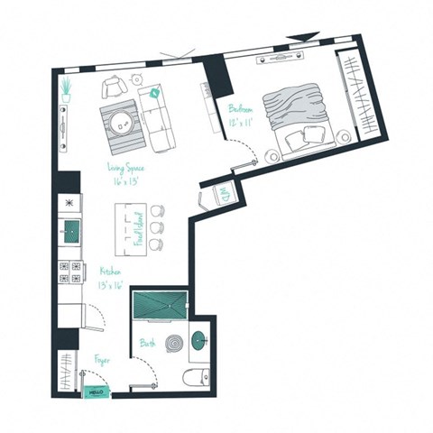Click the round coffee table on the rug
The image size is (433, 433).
(122, 120)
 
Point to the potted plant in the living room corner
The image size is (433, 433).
(68, 88)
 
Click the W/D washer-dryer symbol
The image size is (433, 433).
(219, 194)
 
